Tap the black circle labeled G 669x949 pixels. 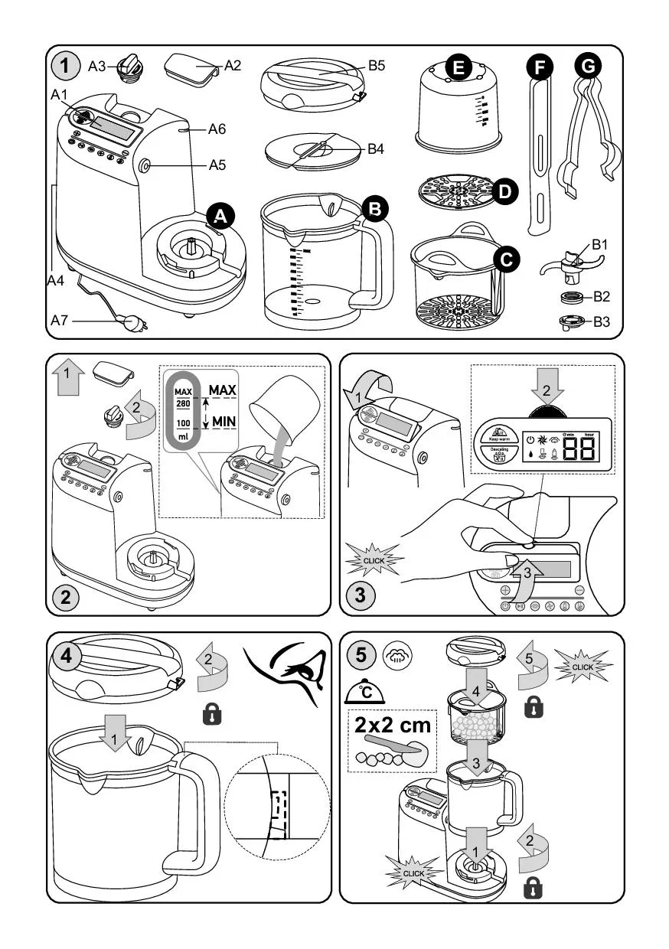click(x=587, y=67)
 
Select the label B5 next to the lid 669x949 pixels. click(x=376, y=66)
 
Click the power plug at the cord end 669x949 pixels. click(x=138, y=323)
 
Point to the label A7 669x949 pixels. click(x=60, y=321)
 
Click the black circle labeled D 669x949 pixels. click(x=504, y=191)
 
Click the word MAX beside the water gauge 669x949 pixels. click(x=223, y=390)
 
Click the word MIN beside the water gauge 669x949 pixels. click(x=224, y=421)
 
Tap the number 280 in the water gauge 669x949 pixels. click(x=182, y=403)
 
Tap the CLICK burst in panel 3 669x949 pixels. click(x=374, y=559)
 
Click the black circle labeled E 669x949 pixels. click(x=458, y=68)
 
